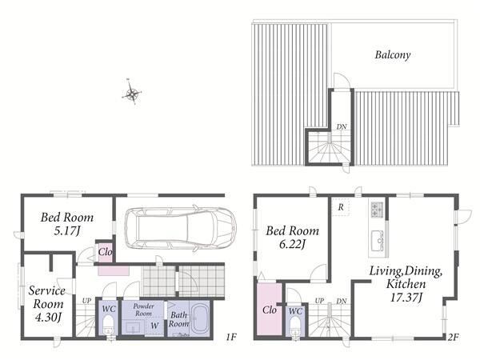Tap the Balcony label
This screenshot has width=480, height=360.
click(x=393, y=55)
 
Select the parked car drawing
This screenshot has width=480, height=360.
click(x=181, y=228)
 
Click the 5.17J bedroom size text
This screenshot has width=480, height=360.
click(x=67, y=231)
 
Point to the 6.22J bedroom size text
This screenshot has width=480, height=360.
click(x=292, y=244)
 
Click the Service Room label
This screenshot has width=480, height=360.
click(x=47, y=297)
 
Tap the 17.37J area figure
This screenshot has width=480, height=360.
click(x=406, y=298)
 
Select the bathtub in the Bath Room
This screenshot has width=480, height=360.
click(x=199, y=319)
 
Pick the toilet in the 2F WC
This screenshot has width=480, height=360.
click(x=294, y=326)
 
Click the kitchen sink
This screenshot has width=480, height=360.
click(x=378, y=238)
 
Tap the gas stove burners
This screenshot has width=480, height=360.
click(x=377, y=210)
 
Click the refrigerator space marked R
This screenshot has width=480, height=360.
click(x=341, y=207)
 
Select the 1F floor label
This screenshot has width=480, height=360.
click(x=231, y=337)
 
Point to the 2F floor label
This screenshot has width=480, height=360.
click(x=453, y=337)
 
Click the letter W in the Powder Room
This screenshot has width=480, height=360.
click(x=154, y=326)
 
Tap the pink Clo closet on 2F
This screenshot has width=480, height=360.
click(x=269, y=309)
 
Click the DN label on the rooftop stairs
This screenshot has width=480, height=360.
click(x=342, y=126)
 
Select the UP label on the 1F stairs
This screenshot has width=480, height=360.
click(x=86, y=301)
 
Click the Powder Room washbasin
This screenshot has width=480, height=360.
click(x=134, y=327)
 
